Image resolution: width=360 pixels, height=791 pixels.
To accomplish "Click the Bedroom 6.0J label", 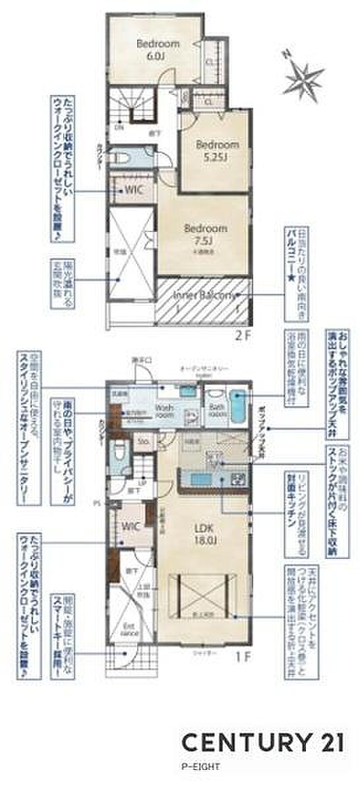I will point(158,50).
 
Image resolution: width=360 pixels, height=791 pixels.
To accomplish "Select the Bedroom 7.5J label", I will point(205,234).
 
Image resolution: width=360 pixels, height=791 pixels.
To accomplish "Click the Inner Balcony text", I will point(204,296).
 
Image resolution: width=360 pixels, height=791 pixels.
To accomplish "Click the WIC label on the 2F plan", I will point(133,190).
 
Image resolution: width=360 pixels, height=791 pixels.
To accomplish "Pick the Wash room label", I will point(164,412).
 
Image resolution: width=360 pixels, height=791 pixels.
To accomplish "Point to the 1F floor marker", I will point(243,657).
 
